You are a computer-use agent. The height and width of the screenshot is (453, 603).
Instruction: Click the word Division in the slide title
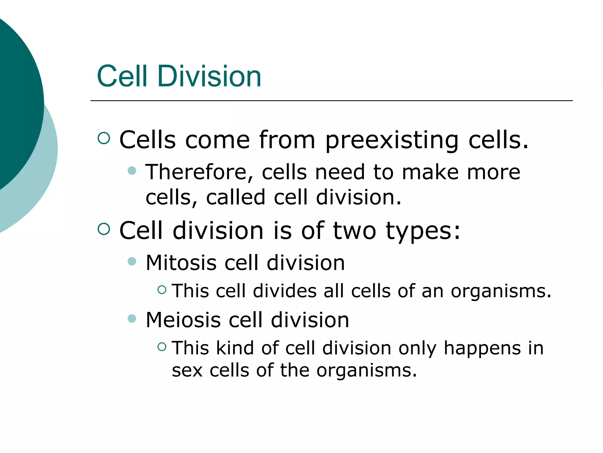pyautogui.click(x=209, y=76)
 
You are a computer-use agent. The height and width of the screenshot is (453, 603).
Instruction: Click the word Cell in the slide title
pyautogui.click(x=122, y=76)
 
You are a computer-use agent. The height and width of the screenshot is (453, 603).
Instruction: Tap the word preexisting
pyautogui.click(x=392, y=140)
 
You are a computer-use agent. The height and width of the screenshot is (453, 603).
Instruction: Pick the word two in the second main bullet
pyautogui.click(x=354, y=231)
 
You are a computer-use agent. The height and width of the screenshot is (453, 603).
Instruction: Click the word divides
pyautogui.click(x=285, y=291)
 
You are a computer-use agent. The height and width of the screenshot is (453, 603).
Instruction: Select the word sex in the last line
pyautogui.click(x=187, y=371)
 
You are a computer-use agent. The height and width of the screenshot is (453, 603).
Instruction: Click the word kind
pyautogui.click(x=235, y=348)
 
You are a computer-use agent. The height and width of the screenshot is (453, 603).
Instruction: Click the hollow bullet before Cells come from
pyautogui.click(x=104, y=138)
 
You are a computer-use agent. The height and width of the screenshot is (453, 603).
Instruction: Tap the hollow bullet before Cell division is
pyautogui.click(x=104, y=229)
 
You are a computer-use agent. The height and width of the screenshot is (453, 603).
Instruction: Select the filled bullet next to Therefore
pyautogui.click(x=132, y=171)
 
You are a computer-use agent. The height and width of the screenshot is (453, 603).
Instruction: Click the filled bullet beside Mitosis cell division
pyautogui.click(x=132, y=261)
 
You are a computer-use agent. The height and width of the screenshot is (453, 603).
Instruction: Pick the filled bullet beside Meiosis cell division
pyautogui.click(x=132, y=319)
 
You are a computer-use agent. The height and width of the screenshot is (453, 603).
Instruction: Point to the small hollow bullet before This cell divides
pyautogui.click(x=162, y=290)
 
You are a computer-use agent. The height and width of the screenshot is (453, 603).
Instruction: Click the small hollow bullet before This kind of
pyautogui.click(x=162, y=347)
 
